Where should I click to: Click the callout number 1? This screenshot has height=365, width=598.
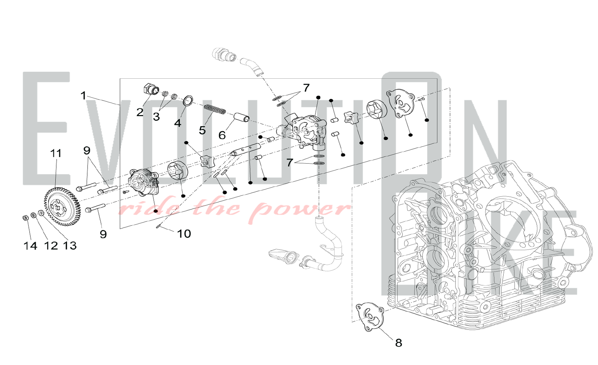pyautogui.click(x=83, y=95)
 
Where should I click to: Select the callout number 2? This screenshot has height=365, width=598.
pyautogui.click(x=140, y=112)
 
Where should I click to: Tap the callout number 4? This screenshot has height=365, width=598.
pyautogui.click(x=178, y=123)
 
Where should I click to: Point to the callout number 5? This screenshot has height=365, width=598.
pyautogui.click(x=202, y=130)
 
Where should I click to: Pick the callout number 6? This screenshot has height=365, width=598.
pyautogui.click(x=222, y=135)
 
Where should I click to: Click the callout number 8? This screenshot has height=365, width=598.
pyautogui.click(x=399, y=343)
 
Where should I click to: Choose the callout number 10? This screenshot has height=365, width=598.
pyautogui.click(x=184, y=234)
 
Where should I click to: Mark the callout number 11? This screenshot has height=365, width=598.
pyautogui.click(x=56, y=153)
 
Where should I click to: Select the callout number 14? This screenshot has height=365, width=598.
pyautogui.click(x=30, y=246)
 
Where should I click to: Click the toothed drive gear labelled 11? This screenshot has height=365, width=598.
pyautogui.click(x=62, y=206)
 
